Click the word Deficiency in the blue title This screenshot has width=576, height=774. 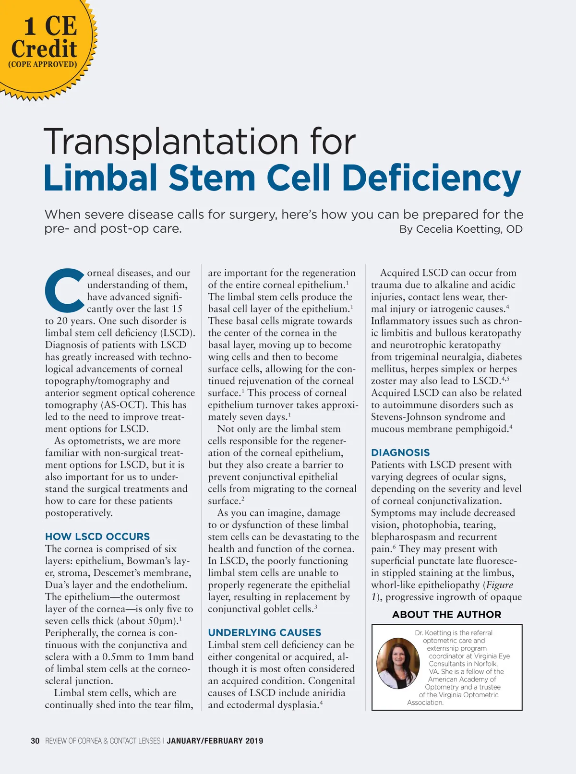pos(431,179)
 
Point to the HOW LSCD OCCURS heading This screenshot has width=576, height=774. pos(97,536)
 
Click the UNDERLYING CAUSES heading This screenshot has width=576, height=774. pos(264,632)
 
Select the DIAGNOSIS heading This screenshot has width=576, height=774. pos(400,452)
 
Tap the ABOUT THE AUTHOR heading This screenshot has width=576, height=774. pos(446,615)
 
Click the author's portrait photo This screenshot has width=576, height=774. pos(398,663)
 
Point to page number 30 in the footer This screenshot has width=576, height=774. pos(35,741)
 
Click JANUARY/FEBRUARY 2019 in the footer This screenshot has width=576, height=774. pos(215,741)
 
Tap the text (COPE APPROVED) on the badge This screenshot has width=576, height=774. pos(43,64)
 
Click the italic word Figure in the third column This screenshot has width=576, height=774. pos(500,585)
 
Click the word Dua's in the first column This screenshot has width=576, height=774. pos(57,585)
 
